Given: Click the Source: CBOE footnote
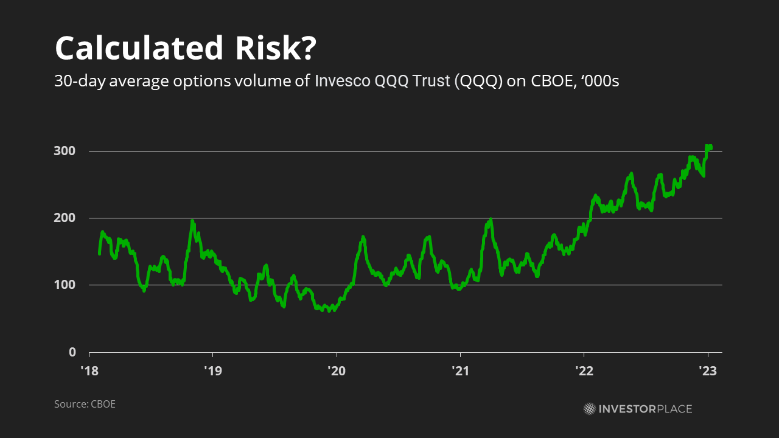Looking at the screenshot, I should [85, 404].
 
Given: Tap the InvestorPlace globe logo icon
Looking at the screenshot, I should [590, 409].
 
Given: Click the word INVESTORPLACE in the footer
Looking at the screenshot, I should [645, 409].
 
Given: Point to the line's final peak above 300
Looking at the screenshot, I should [708, 147].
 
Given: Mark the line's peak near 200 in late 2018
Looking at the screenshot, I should [192, 221].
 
